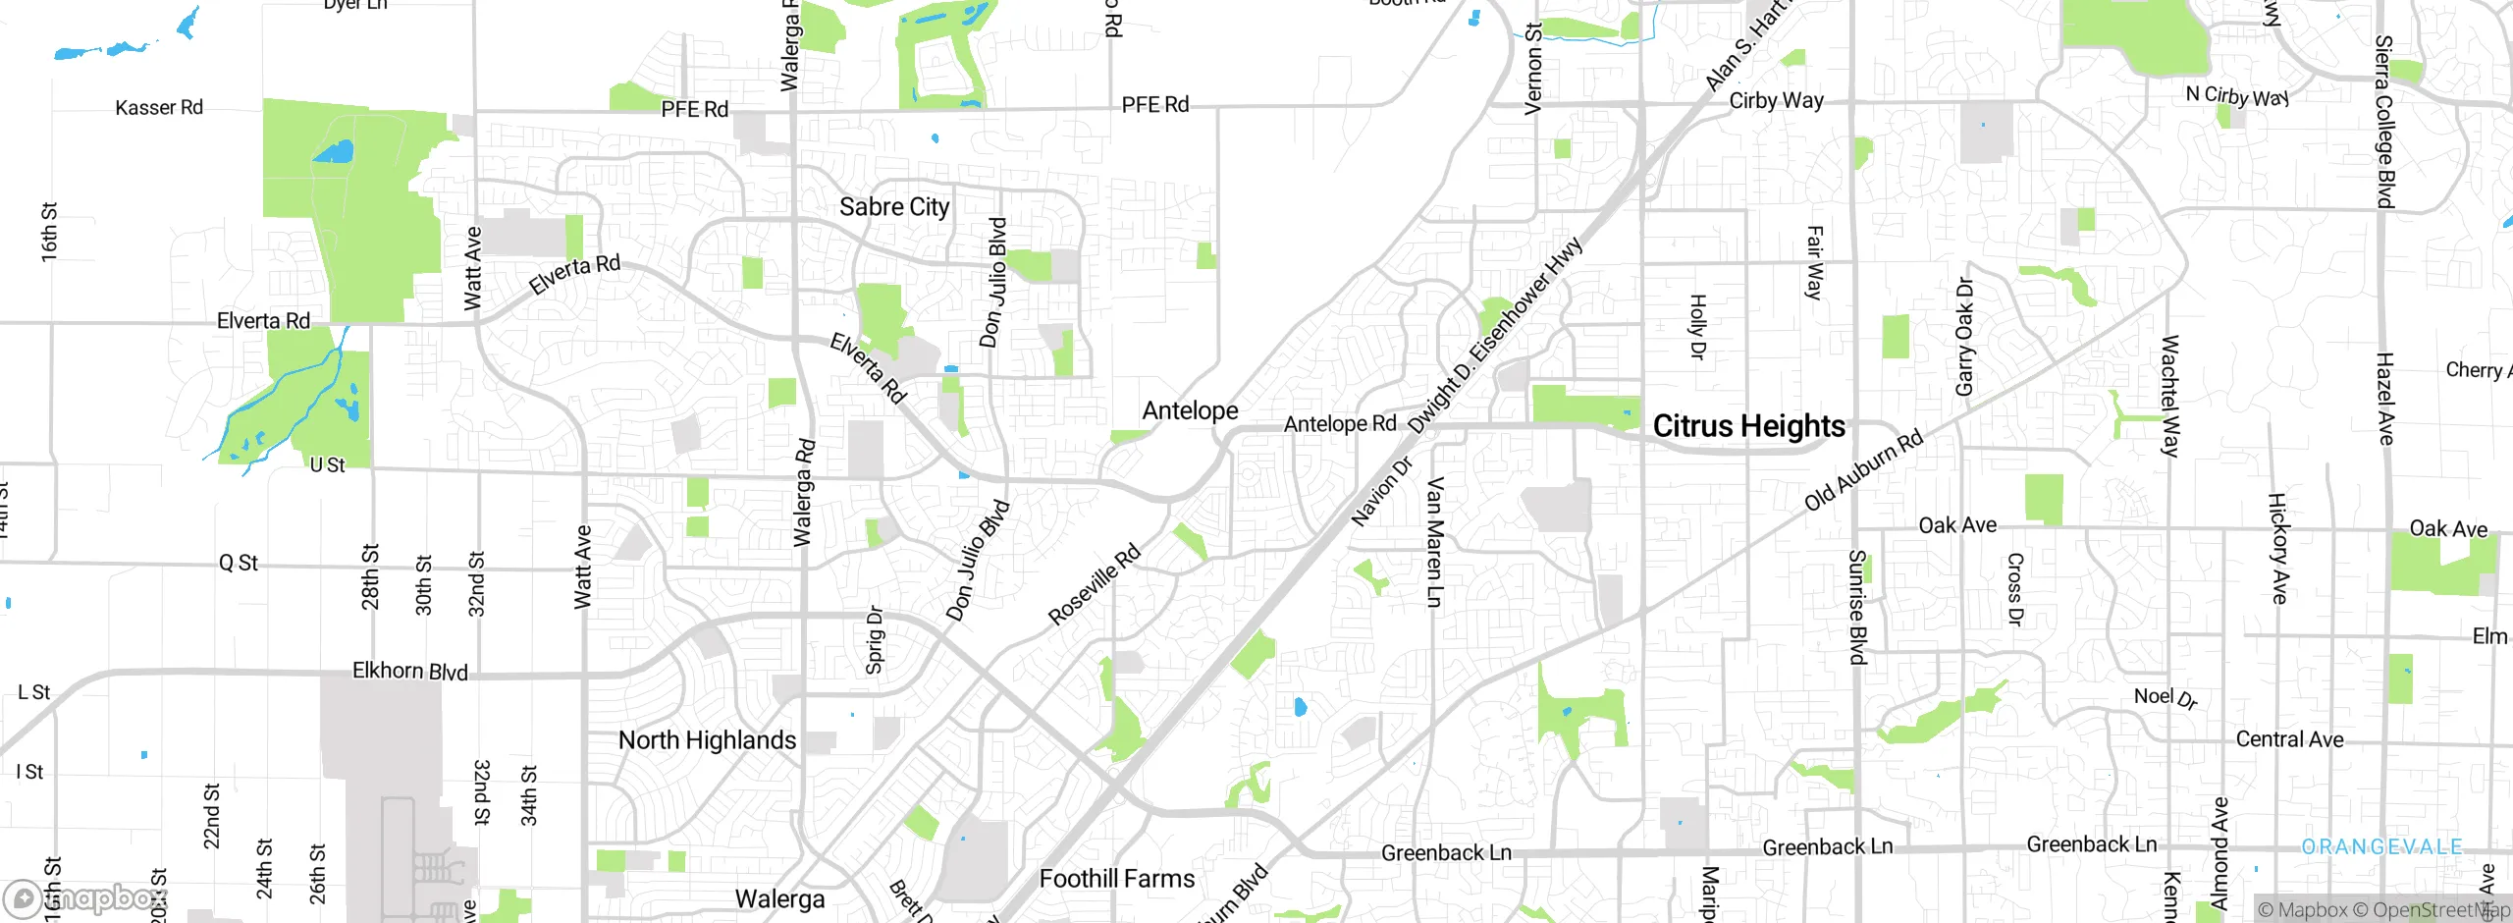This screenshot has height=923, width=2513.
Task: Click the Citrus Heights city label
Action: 1748,426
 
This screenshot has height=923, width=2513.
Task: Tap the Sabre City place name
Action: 893,207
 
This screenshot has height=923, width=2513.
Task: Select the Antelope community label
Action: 1190,410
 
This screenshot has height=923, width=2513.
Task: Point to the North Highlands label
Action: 707,740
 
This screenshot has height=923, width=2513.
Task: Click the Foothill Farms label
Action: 1117,879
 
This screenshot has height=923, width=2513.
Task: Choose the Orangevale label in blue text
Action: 2381,846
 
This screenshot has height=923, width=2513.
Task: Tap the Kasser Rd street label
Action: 159,108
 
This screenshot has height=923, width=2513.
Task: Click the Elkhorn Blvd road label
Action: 409,672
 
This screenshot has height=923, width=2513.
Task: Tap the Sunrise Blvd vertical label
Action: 1856,607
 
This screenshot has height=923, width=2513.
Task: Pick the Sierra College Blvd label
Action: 2383,122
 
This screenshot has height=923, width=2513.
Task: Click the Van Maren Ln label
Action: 1434,542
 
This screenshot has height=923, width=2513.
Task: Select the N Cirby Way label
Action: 2237,96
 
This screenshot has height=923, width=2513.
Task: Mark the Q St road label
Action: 238,563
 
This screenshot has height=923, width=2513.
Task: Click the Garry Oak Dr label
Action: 1964,337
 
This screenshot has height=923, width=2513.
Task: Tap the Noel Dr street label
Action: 2165,697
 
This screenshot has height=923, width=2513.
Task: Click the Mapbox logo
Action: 86,898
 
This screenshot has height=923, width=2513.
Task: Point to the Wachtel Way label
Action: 2169,397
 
